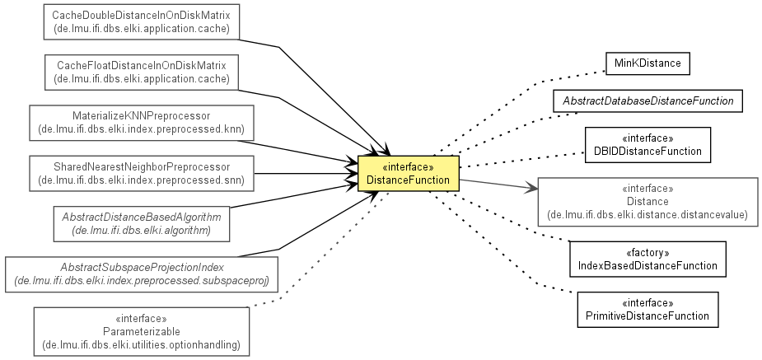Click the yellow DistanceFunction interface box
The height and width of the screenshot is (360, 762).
409,174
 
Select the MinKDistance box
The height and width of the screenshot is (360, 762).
647,63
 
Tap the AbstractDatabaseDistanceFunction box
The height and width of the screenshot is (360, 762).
647,101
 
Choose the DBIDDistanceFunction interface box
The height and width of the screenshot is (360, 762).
647,145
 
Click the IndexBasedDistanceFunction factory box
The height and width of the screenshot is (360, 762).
647,259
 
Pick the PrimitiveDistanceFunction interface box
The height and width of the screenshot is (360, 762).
647,310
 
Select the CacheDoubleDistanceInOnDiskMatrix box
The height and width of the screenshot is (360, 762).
142,22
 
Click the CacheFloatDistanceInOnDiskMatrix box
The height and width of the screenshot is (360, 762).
142,72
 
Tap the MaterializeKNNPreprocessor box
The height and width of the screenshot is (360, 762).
142,123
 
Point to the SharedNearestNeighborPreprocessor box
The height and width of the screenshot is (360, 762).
142,174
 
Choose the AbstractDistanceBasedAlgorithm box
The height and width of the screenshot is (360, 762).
142,223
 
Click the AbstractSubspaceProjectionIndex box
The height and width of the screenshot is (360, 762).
142,274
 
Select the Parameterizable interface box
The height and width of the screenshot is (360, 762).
142,332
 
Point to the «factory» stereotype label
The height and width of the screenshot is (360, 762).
647,253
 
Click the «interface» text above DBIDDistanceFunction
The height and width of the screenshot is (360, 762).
647,138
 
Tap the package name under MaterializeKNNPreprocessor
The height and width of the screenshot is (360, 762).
142,129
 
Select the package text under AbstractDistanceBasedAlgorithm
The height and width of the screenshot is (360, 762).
142,231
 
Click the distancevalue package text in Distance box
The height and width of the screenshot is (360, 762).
647,214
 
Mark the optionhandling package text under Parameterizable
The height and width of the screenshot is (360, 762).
142,345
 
